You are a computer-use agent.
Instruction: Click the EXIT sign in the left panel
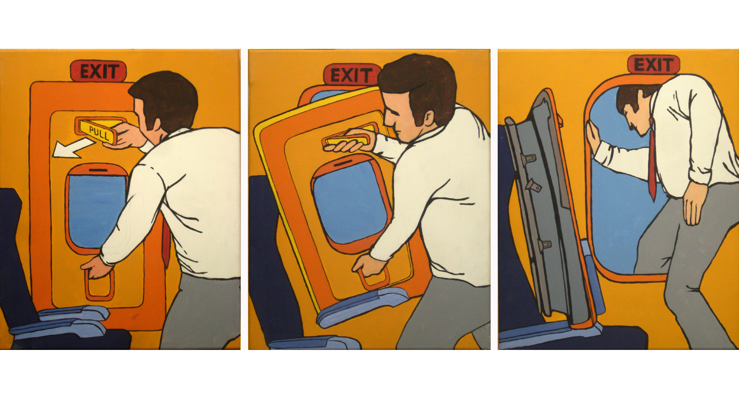click(99, 71)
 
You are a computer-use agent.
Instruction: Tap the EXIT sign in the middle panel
click(350, 75)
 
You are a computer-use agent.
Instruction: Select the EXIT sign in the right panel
click(654, 64)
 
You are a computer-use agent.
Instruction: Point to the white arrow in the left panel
click(73, 148)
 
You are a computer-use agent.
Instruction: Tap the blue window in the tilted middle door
click(350, 202)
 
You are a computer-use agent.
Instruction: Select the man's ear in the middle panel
click(428, 118)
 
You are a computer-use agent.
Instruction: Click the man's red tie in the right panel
click(652, 159)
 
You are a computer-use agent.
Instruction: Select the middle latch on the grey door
click(534, 185)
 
